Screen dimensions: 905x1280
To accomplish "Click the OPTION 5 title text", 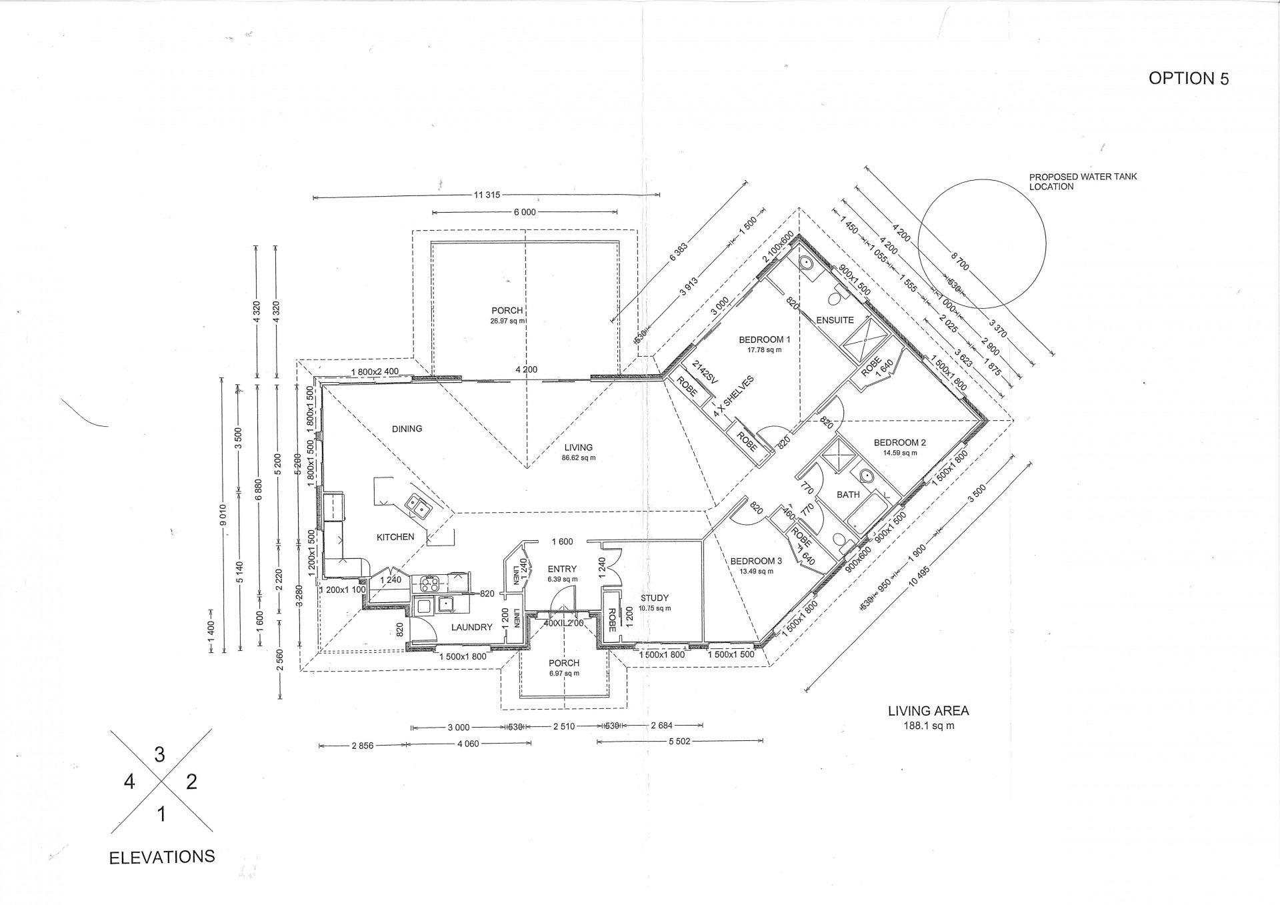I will (x=1188, y=78).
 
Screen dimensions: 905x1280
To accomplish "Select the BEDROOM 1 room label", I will (x=764, y=340).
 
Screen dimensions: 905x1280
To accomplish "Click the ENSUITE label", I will (x=835, y=320).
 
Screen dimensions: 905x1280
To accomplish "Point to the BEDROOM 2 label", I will (x=899, y=443).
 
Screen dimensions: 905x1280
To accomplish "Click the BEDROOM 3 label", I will (x=755, y=562).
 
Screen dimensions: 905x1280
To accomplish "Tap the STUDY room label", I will (x=654, y=598).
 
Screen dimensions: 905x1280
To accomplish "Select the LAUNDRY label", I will (x=471, y=627).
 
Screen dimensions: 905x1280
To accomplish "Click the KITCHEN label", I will (x=395, y=537).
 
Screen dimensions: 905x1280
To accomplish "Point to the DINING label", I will (x=407, y=429).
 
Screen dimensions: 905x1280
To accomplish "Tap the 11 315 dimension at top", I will (x=487, y=195).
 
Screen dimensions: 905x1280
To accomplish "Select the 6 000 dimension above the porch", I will (x=524, y=212).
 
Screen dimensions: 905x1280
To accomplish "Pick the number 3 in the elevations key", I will (x=159, y=754).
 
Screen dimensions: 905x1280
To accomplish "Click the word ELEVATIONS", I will (x=161, y=857).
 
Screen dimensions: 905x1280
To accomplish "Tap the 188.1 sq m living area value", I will (x=927, y=726).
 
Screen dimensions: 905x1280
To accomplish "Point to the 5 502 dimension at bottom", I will (x=681, y=741).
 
